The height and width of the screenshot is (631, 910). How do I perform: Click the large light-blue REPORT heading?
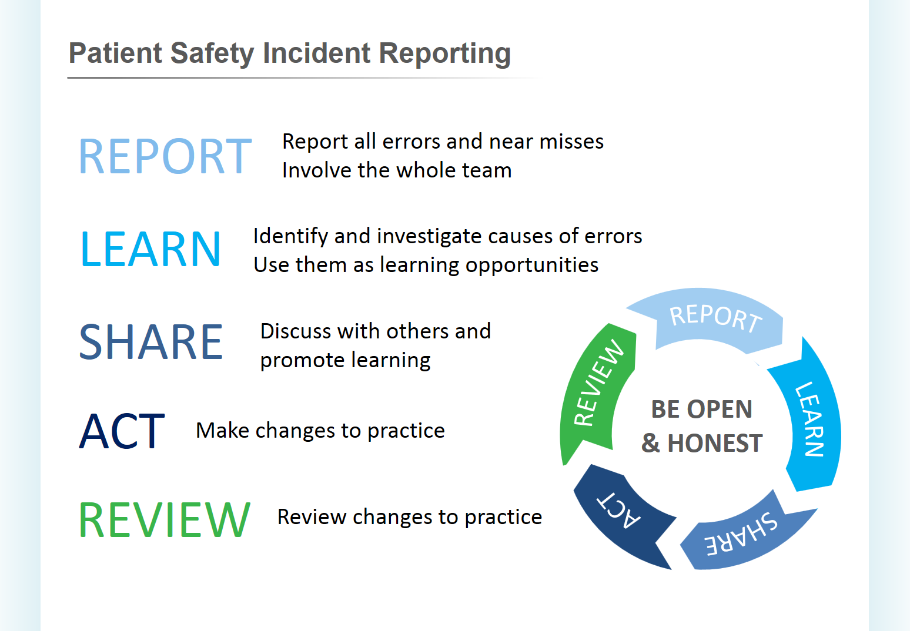click(165, 156)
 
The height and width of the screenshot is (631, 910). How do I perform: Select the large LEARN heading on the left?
click(150, 249)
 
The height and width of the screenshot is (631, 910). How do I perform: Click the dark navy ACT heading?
click(122, 431)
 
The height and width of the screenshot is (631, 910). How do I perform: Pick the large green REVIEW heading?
click(165, 519)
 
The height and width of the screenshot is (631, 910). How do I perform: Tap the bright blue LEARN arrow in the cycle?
click(812, 418)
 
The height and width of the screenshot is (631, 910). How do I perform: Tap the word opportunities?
click(532, 266)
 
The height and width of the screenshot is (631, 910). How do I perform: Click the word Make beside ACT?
click(223, 431)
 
